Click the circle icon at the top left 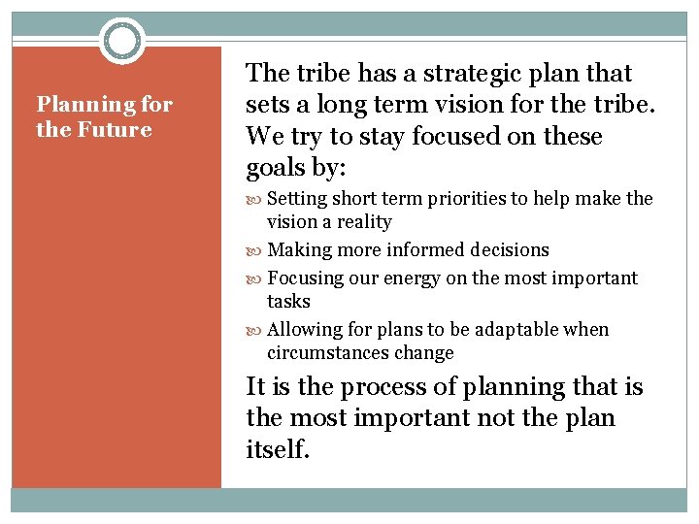tap(122, 41)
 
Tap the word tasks tap(288, 302)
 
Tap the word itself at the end tap(278, 450)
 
